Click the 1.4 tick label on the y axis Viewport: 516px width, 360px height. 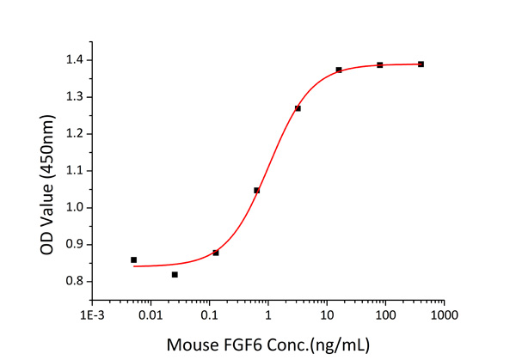(x=75, y=60)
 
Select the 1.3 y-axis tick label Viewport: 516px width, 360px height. (x=75, y=97)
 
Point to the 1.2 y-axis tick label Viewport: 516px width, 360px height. (x=75, y=134)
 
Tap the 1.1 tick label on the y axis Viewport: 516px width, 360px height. (x=75, y=170)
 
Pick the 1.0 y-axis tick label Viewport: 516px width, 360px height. (x=75, y=207)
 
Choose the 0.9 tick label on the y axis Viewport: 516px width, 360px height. (x=75, y=244)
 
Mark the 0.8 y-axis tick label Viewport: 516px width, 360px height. (x=75, y=281)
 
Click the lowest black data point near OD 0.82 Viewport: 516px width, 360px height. (x=175, y=274)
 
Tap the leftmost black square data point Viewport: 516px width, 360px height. (x=133, y=259)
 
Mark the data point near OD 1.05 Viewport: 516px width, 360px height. (x=256, y=190)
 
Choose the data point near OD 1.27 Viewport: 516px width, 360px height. (x=298, y=108)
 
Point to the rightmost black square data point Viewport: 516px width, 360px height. (x=421, y=64)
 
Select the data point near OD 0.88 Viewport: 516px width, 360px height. (x=216, y=253)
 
